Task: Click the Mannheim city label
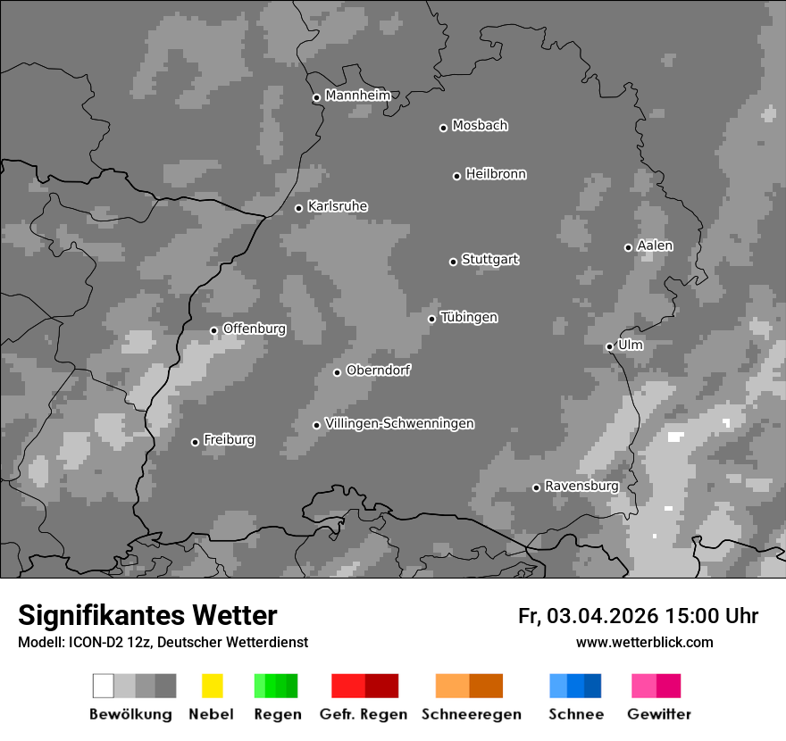[x=357, y=96]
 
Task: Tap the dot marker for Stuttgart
[x=453, y=262]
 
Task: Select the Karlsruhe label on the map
[x=338, y=206]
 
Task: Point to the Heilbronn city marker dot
[x=456, y=176]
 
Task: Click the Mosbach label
[x=480, y=126]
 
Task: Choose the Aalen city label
[x=655, y=246]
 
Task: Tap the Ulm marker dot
[x=609, y=346]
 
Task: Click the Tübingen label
[x=469, y=318]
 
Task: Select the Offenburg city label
[x=254, y=329]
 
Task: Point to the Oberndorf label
[x=378, y=370]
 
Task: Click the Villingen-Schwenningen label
[x=399, y=424]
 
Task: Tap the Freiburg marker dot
[x=195, y=442]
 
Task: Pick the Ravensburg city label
[x=581, y=487]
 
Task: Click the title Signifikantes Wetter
[x=147, y=615]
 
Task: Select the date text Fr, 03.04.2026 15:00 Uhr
[x=638, y=616]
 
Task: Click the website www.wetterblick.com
[x=644, y=642]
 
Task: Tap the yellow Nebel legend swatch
[x=212, y=686]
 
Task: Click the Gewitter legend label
[x=658, y=714]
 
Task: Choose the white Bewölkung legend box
[x=104, y=686]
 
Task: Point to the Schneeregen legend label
[x=471, y=714]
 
